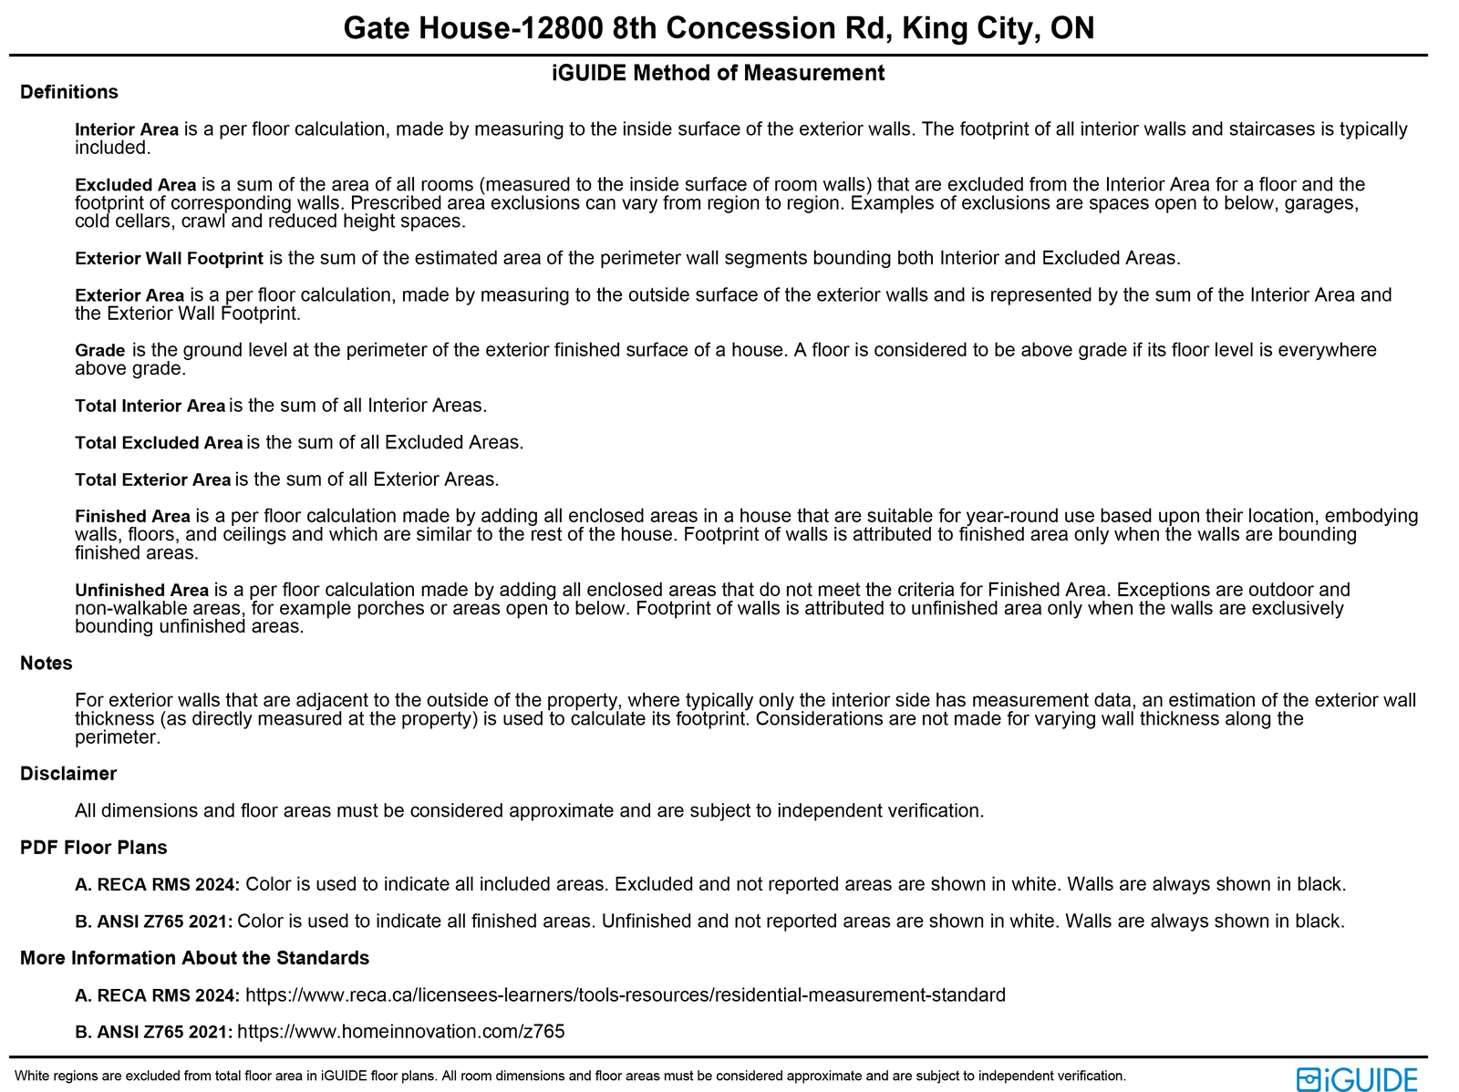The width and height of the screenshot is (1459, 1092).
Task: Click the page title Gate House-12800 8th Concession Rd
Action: [x=719, y=28]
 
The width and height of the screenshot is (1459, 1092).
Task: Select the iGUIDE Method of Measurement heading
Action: [x=719, y=73]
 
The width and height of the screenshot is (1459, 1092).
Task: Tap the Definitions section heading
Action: [x=69, y=92]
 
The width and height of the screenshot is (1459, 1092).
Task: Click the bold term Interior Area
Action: [x=127, y=129]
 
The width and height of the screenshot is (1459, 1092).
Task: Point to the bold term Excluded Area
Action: [x=135, y=185]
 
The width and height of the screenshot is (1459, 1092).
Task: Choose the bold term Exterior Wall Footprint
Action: [x=169, y=259]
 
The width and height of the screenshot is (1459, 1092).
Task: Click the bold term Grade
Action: [x=99, y=351]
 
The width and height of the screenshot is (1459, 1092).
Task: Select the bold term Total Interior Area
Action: [x=150, y=407]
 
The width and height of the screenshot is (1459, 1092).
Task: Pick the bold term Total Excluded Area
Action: [x=159, y=443]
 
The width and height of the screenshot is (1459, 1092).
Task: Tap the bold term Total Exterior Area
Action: [x=153, y=480]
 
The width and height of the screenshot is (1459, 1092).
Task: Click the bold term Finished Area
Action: [x=132, y=517]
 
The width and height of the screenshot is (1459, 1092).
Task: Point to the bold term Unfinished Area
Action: [x=141, y=591]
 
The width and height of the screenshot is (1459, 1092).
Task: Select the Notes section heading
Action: [x=47, y=664]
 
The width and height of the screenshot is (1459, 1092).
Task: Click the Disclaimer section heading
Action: [x=68, y=774]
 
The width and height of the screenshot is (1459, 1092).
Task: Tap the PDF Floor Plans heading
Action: [x=94, y=848]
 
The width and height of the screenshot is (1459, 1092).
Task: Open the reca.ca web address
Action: [x=626, y=995]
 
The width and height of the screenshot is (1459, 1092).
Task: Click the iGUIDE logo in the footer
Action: [x=1357, y=1079]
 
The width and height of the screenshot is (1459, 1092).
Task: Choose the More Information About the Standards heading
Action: [x=194, y=958]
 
